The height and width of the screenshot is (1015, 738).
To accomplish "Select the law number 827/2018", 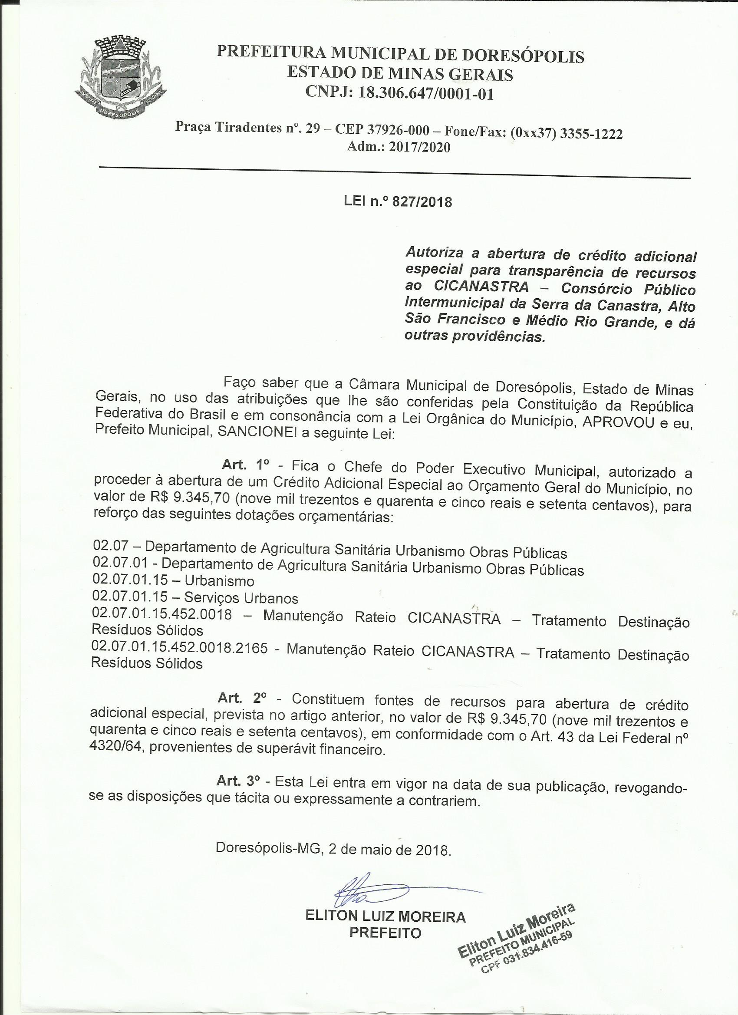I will click(x=422, y=202).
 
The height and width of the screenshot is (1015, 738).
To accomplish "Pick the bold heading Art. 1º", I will click(x=245, y=465).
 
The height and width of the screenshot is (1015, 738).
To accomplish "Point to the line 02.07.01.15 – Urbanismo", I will click(x=173, y=581).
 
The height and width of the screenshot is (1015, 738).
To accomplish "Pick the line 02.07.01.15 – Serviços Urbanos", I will click(x=195, y=597).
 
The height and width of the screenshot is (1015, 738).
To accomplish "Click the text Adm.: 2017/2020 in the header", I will click(x=399, y=147).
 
